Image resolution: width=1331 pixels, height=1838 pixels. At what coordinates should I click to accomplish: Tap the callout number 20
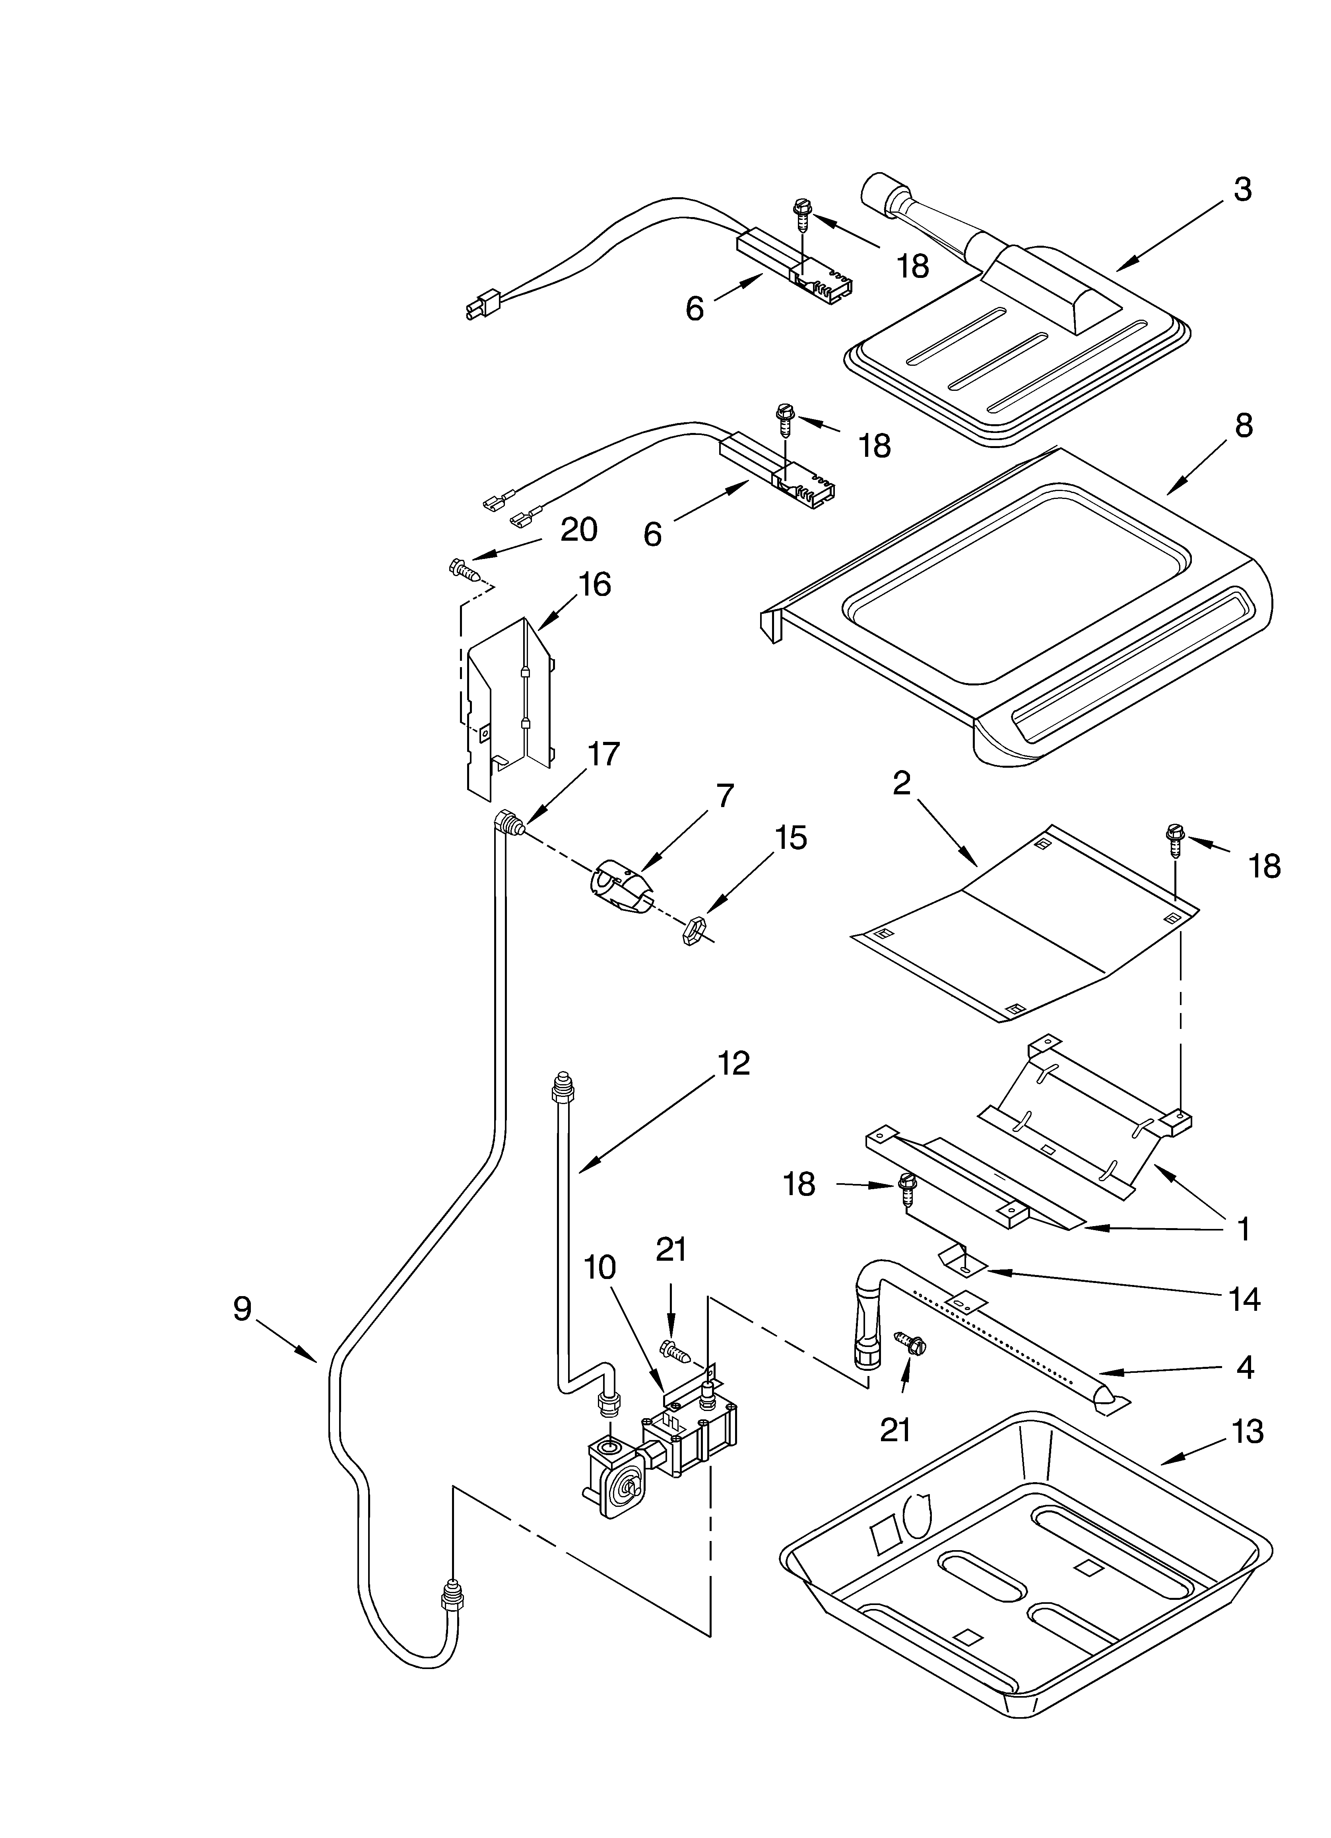(x=579, y=529)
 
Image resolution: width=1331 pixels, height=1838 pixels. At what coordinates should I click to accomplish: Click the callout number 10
(x=600, y=1267)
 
